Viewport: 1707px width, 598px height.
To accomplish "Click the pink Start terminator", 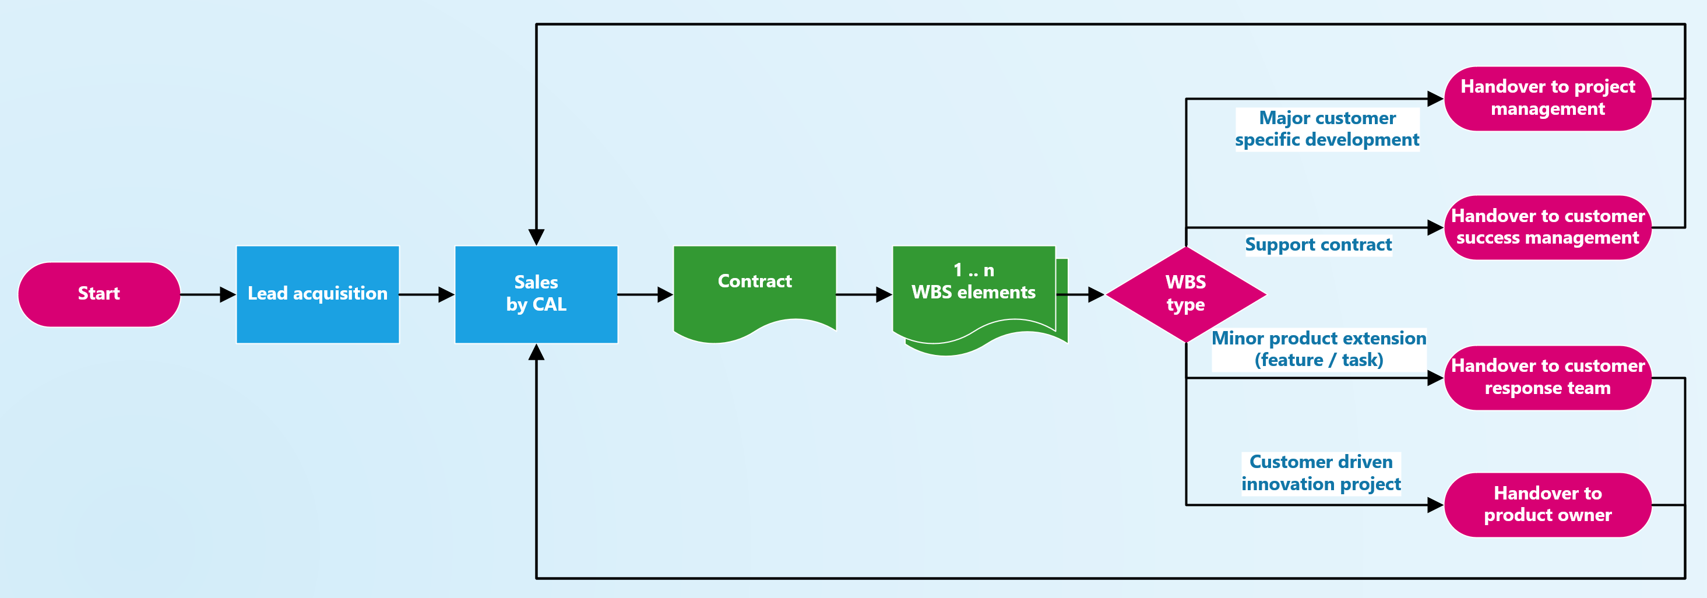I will pos(98,294).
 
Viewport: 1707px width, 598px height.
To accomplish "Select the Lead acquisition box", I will pos(318,294).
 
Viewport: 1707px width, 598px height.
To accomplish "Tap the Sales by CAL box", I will pos(536,294).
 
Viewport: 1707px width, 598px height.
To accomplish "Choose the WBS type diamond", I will pos(1185,294).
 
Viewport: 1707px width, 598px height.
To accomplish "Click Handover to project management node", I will pos(1547,98).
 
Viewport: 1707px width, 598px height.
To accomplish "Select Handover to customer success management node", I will pos(1547,227).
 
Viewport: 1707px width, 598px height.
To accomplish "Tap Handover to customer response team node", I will pos(1547,377).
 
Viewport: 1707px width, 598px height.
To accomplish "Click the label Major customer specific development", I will pos(1326,129).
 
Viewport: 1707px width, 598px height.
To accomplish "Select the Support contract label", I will pos(1318,245).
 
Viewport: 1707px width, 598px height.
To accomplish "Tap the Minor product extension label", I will pos(1319,349).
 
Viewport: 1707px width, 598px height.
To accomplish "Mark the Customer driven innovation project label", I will pos(1321,473).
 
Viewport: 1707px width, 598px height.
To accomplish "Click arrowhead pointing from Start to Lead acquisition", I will pos(228,294).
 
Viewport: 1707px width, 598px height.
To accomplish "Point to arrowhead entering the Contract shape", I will pos(666,294).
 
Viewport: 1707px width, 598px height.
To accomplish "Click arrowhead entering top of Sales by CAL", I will pos(536,237).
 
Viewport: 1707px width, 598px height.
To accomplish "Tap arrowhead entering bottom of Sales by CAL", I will pos(536,353).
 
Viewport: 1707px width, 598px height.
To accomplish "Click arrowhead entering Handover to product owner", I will pos(1435,505).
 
